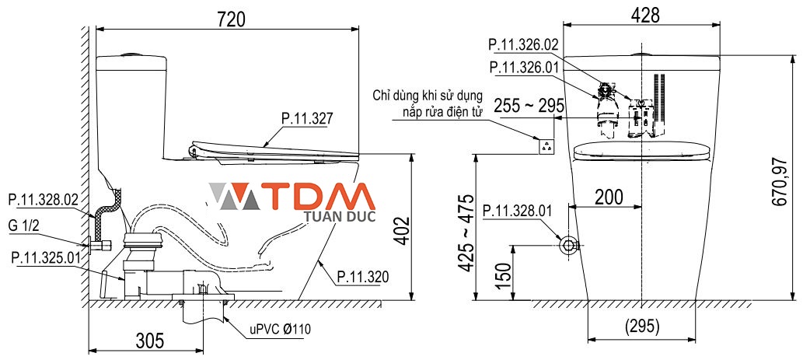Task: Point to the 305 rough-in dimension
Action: pos(148,340)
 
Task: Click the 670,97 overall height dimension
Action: pos(779,182)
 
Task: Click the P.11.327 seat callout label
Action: pos(306,119)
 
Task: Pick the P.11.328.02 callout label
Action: pos(44,200)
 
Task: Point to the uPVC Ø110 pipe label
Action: pos(280,329)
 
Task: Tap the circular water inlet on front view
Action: pos(569,245)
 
